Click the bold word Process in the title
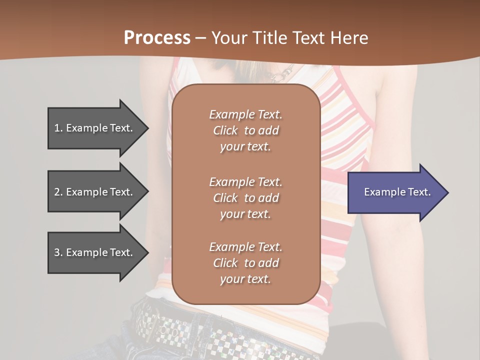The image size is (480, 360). (x=157, y=38)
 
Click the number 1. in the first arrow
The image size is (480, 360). (x=58, y=128)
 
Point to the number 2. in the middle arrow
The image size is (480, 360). (x=58, y=192)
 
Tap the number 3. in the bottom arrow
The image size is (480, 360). (x=58, y=252)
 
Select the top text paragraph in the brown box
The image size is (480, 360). (x=245, y=130)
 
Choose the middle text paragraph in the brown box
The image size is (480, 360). (x=245, y=198)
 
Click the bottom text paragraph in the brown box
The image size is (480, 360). (x=245, y=263)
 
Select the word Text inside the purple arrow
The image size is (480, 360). (x=419, y=192)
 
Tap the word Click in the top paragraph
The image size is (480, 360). (x=225, y=130)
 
